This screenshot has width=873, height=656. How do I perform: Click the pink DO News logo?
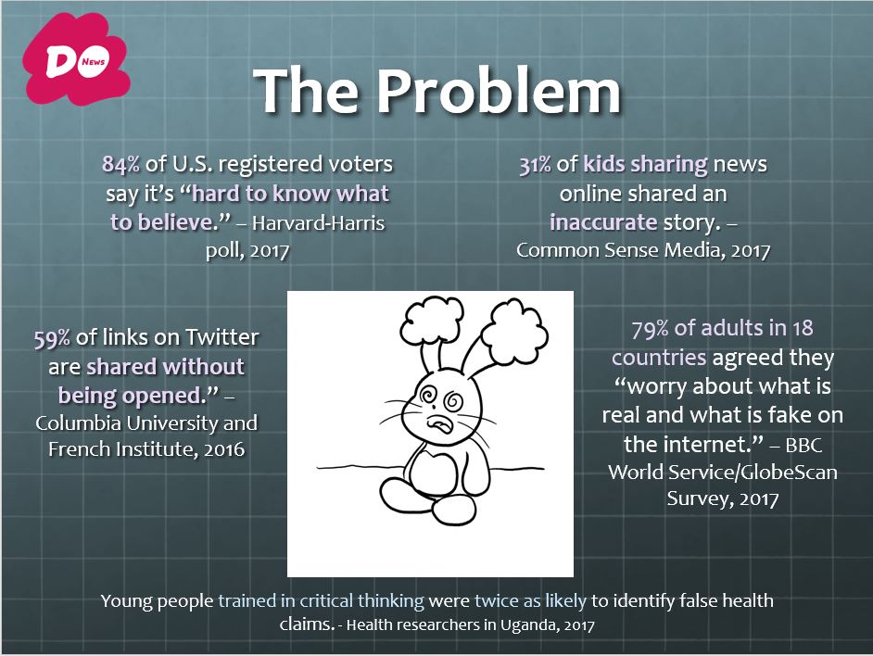[x=76, y=60]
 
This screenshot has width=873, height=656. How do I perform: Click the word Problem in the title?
[x=499, y=92]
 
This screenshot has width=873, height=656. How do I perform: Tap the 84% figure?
[x=120, y=164]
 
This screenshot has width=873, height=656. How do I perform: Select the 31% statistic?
[x=535, y=164]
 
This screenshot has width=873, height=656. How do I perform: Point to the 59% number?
[x=52, y=338]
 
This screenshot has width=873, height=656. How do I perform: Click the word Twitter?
[x=221, y=337]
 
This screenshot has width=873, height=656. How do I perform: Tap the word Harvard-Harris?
[x=318, y=222]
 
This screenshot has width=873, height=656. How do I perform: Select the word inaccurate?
[x=603, y=222]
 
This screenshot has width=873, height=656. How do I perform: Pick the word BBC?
[x=803, y=445]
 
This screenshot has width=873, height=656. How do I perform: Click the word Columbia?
[x=78, y=423]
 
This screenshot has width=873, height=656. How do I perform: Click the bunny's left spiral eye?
[x=429, y=395]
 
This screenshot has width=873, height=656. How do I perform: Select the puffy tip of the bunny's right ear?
[x=513, y=332]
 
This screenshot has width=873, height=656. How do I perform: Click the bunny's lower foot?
[x=454, y=511]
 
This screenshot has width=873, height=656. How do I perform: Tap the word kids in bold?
[x=603, y=164]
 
